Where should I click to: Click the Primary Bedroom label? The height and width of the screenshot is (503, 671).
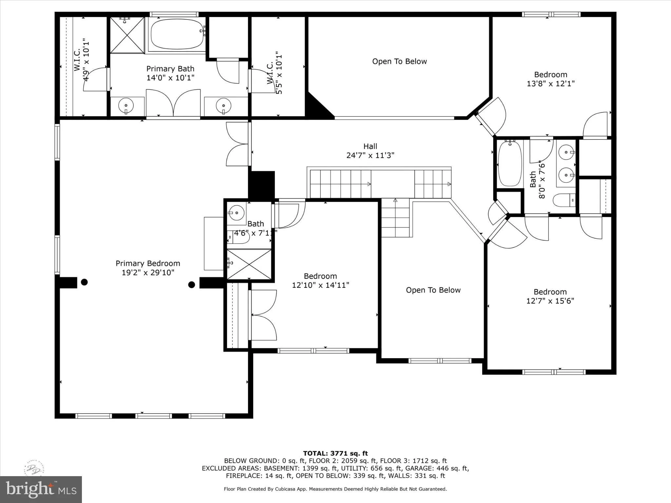pos(148,264)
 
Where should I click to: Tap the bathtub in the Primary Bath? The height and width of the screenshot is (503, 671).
pos(177,34)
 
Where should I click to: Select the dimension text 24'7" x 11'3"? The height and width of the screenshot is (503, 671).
pos(370,155)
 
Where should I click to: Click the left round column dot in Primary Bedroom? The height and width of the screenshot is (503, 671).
pos(84,282)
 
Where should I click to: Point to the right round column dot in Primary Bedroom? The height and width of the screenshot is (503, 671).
pos(192,285)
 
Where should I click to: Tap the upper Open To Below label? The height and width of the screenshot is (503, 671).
pos(399,62)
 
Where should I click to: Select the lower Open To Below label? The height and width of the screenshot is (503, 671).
pos(433,290)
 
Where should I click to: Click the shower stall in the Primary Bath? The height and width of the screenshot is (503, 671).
pos(127,35)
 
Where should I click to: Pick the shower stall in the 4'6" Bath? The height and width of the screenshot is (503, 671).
pos(249,265)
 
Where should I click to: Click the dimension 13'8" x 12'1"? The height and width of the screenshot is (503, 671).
pos(550,84)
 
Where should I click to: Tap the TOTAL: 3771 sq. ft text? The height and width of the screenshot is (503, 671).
pos(335,453)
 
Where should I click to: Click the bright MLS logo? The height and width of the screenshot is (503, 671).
pos(41,489)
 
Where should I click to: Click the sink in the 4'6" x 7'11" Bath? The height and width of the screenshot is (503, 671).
pos(236,213)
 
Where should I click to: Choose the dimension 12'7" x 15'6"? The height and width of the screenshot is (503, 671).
pos(550,301)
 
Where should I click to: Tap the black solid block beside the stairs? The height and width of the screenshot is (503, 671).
pos(261,185)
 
